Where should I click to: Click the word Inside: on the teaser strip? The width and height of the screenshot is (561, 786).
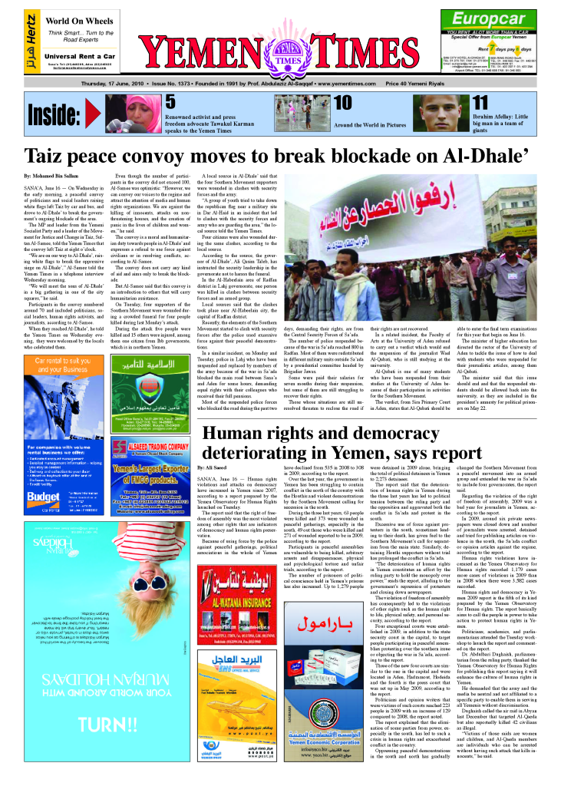pos(54,114)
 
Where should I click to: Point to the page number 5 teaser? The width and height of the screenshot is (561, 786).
pos(170,102)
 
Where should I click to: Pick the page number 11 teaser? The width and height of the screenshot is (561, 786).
pos(480,103)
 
